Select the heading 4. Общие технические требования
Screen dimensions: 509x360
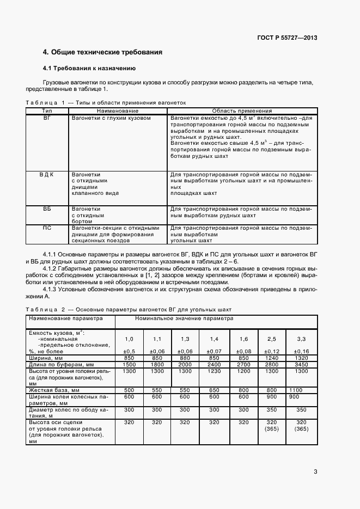(103, 53)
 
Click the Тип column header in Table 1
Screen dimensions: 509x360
(47, 111)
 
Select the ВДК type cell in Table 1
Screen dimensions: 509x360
(47, 174)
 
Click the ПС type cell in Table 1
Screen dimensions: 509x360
(47, 228)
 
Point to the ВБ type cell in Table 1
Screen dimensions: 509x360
(47, 208)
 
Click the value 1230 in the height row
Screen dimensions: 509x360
(214, 371)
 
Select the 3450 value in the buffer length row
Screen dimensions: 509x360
(302, 364)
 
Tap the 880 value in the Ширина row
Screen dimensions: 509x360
(185, 358)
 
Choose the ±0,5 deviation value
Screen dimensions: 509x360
(129, 351)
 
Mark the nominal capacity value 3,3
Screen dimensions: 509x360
(301, 339)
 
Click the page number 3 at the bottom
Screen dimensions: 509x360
(315, 471)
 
